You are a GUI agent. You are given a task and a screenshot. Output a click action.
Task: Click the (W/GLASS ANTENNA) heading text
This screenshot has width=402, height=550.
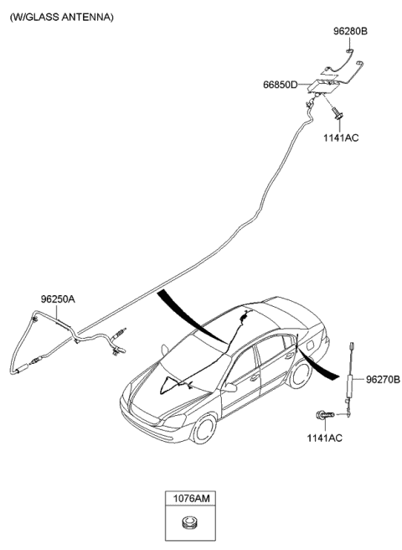pos(62,17)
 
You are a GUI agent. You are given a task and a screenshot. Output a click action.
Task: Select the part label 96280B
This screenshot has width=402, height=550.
pos(350,31)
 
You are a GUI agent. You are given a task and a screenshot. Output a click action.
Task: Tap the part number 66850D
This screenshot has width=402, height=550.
pos(281,85)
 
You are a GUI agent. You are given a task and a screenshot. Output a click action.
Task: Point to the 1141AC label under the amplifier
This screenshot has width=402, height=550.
pos(341,137)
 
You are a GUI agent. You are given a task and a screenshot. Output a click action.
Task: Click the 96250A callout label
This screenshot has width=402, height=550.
pos(58,299)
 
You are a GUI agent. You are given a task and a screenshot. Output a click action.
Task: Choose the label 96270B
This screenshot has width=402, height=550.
pos(383,380)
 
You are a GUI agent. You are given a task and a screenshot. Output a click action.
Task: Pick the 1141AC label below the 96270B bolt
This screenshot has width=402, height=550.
pos(325,438)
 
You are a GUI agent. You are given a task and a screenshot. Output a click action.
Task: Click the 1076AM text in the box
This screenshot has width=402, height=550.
pos(191,498)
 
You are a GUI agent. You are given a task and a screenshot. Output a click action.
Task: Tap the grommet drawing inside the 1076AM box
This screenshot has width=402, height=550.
pos(190,521)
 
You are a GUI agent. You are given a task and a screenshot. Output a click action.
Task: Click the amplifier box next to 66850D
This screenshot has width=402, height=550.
pos(324,86)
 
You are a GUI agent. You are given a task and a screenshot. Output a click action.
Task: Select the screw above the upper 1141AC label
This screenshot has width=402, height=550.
pos(338,113)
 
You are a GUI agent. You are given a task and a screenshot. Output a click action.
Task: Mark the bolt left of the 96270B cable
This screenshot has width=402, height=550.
pos(325,415)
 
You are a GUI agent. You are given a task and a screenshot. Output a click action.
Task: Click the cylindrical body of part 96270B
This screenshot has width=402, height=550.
pos(350,386)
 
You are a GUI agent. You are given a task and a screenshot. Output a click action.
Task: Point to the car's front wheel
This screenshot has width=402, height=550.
pos(204,428)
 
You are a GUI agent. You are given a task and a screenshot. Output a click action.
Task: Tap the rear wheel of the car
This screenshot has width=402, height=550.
pos(300,374)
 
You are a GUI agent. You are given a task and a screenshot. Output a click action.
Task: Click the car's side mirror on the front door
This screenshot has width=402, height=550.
pos(230,387)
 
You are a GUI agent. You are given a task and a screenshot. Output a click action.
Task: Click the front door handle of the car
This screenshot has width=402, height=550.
pos(255,377)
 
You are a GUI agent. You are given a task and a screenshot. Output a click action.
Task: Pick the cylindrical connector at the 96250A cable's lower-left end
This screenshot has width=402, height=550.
pos(21,369)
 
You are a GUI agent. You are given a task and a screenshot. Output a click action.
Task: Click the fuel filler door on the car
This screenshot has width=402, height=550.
pos(311,345)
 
